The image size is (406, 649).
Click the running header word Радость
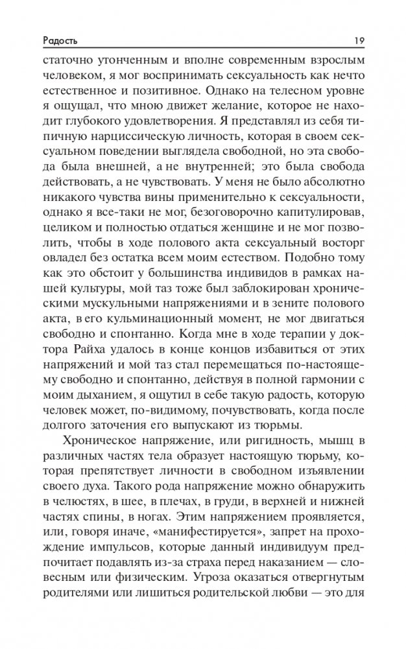point(58,41)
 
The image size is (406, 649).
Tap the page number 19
point(359,41)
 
